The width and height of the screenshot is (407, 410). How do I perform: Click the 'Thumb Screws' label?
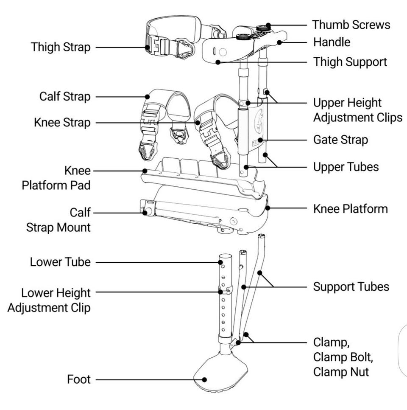[351, 25]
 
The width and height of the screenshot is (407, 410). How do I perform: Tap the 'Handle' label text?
[332, 42]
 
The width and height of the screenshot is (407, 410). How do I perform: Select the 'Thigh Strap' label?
[61, 47]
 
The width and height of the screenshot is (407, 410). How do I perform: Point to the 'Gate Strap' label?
[340, 140]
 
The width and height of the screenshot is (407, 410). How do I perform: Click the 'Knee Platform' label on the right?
[350, 209]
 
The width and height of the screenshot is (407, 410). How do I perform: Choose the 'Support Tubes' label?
[351, 286]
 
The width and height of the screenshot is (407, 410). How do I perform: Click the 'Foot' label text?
[79, 379]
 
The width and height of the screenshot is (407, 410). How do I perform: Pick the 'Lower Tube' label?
[60, 262]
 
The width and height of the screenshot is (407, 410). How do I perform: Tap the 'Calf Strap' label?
[65, 96]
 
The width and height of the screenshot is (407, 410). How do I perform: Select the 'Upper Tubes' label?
[346, 167]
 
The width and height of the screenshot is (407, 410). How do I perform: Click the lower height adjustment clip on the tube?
[225, 291]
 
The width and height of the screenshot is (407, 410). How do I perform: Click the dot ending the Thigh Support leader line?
[218, 62]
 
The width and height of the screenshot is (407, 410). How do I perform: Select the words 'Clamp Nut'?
[341, 372]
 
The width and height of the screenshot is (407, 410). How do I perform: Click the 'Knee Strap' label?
[62, 123]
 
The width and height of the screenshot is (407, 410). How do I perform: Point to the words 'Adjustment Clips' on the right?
[357, 117]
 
